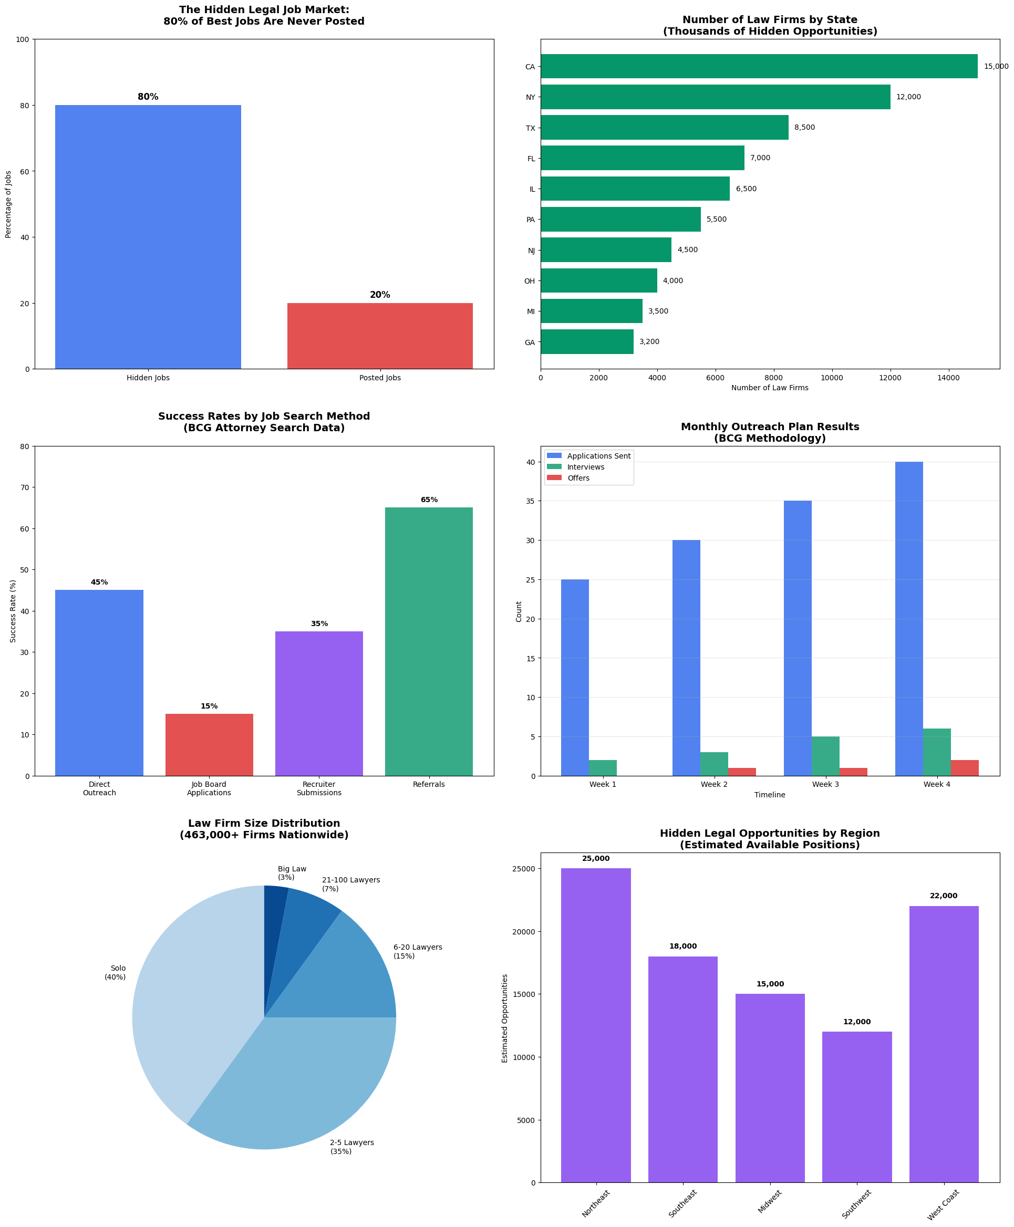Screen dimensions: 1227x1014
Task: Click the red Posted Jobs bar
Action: click(380, 336)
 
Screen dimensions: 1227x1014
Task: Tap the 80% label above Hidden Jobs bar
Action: click(148, 97)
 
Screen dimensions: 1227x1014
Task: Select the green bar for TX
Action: click(664, 127)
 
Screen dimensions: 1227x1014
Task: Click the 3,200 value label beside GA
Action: click(649, 341)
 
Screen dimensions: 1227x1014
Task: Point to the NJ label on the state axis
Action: click(531, 251)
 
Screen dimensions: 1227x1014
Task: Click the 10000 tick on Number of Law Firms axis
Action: click(832, 378)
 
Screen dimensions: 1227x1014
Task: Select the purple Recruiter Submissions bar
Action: click(319, 703)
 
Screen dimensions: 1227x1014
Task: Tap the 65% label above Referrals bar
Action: click(429, 500)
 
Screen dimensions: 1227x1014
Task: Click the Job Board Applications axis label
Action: click(209, 788)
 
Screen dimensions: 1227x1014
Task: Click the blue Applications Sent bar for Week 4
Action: click(909, 619)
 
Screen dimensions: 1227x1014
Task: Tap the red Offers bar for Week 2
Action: click(742, 772)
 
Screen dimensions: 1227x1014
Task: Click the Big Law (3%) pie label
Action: click(292, 873)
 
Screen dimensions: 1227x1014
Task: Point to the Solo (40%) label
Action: click(116, 972)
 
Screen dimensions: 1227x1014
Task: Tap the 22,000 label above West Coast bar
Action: click(943, 896)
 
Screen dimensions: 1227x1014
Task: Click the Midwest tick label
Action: click(770, 1202)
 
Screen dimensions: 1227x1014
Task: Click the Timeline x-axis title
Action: click(769, 795)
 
